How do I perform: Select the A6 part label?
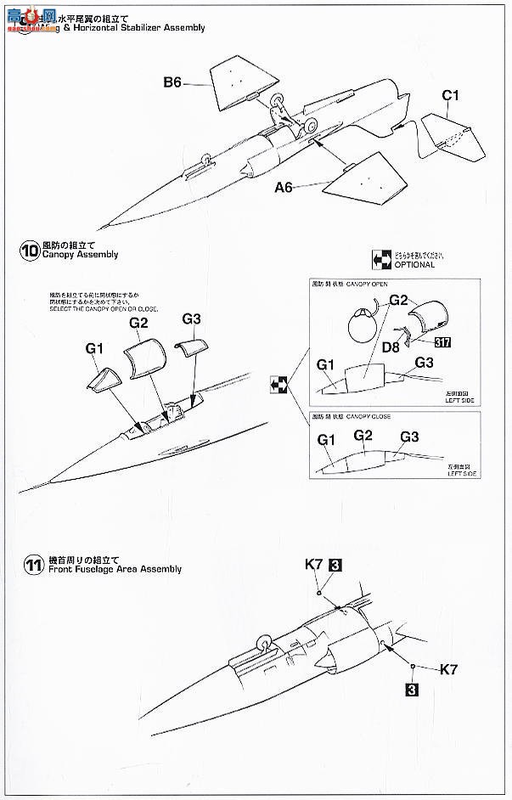coord(284,188)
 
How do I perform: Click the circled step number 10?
coord(30,251)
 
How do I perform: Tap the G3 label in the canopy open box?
coord(425,363)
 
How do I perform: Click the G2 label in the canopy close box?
coord(363,435)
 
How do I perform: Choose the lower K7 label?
coord(448,669)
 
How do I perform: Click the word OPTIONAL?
coord(414,265)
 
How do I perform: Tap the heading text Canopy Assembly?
coord(81,255)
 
